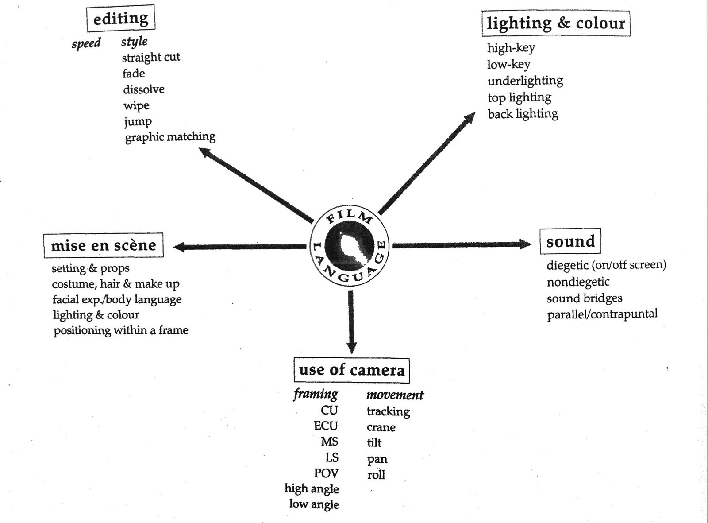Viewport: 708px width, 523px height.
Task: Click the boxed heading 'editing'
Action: coord(120,19)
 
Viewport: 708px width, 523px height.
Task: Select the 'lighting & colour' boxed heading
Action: coord(555,23)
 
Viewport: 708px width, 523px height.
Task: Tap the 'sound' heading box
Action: coord(570,241)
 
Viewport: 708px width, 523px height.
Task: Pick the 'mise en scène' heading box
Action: coord(104,245)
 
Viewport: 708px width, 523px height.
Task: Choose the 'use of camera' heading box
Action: coord(351,370)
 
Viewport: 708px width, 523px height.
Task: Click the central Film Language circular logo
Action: coord(350,246)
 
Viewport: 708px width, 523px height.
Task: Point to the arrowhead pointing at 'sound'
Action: coord(525,244)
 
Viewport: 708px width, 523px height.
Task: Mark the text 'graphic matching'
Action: coord(170,137)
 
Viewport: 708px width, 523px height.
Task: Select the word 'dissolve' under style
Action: coord(144,89)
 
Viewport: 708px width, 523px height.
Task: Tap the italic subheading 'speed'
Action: coord(86,43)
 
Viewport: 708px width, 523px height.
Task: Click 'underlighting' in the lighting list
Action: coord(525,81)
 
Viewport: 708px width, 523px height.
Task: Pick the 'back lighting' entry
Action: coord(523,114)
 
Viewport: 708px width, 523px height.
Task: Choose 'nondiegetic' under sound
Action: coord(578,282)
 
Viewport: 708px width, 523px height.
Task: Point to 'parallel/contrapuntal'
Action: coord(602,314)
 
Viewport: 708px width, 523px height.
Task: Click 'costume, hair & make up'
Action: coord(115,284)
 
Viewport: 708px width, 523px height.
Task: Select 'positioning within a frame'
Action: coord(121,331)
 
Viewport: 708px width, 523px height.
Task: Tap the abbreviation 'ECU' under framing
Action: coord(326,426)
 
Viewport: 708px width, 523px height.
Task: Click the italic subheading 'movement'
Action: coord(395,395)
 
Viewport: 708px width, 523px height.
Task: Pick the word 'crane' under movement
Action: coord(381,428)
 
